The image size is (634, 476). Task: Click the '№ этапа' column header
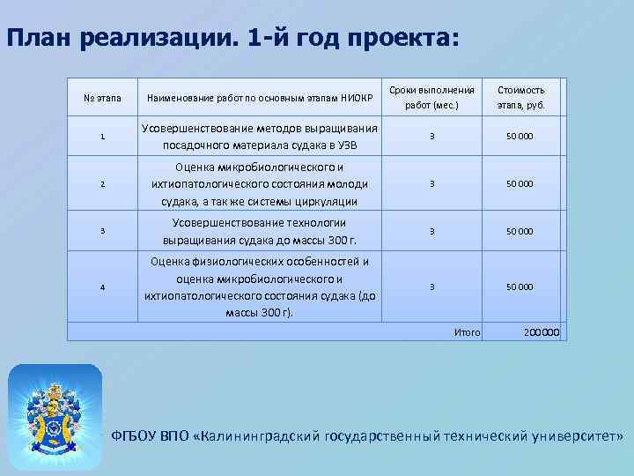click(x=103, y=97)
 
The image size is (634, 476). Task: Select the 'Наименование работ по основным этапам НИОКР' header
click(x=261, y=97)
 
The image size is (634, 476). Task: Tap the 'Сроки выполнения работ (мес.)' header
click(x=431, y=98)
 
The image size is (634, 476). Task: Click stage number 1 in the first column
click(x=103, y=137)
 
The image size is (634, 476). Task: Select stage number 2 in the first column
click(x=103, y=184)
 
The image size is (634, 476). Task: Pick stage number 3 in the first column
click(x=103, y=231)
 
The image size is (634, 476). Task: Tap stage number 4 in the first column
click(x=103, y=287)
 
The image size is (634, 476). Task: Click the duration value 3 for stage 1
click(x=431, y=137)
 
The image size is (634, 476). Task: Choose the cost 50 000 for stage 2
click(x=520, y=184)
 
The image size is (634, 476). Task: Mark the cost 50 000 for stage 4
click(x=520, y=287)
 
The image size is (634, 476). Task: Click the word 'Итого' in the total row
click(x=467, y=332)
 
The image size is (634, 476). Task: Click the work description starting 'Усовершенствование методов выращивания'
click(x=261, y=137)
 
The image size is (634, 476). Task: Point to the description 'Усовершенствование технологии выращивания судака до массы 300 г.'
click(x=261, y=231)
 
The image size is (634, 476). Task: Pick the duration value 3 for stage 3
click(x=431, y=231)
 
